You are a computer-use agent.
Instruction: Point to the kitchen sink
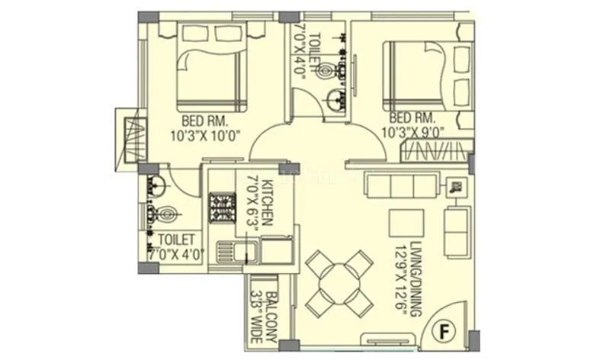coord(229,251)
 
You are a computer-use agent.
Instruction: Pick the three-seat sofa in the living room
coord(401,185)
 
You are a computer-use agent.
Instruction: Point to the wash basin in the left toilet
coord(155,183)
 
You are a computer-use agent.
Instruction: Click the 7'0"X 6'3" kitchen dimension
coord(253,201)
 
